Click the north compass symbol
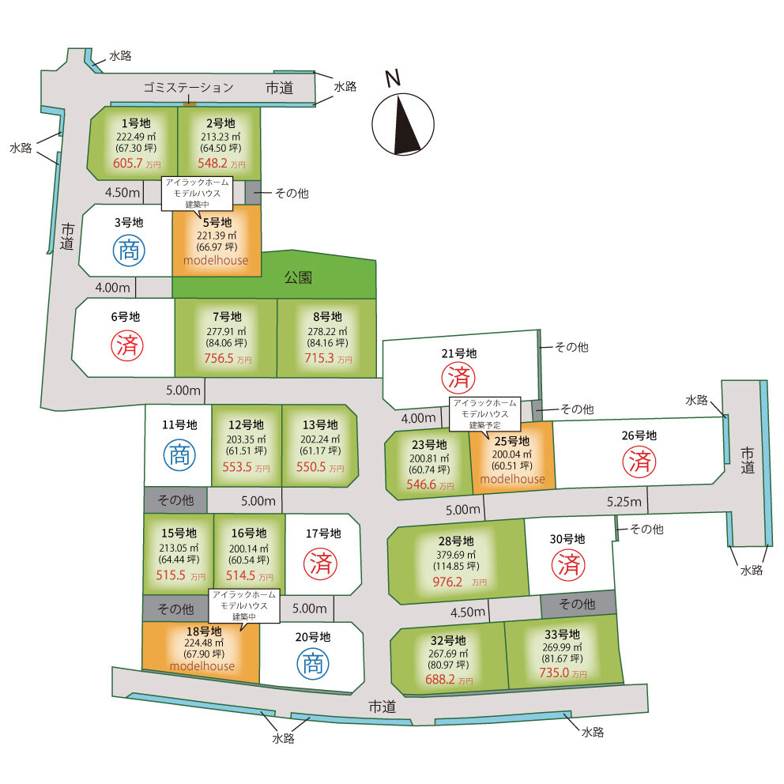tap(402, 122)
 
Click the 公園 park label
tap(297, 277)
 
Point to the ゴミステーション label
tap(189, 87)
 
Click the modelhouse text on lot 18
tap(202, 665)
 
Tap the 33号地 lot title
tap(562, 634)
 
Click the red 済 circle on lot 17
tap(322, 563)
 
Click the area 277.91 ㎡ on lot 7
tap(225, 331)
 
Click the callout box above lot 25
tap(487, 413)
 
